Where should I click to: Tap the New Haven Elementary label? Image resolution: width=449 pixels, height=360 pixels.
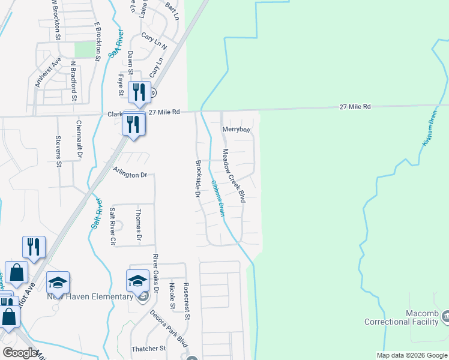pos(90,296)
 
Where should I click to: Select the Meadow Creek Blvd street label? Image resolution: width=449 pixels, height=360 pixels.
pos(234,175)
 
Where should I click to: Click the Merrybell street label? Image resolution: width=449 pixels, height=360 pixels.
pos(236,130)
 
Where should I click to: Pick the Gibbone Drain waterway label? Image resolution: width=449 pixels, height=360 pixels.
pos(217,199)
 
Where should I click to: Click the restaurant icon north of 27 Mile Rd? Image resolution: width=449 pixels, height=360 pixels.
pos(139,92)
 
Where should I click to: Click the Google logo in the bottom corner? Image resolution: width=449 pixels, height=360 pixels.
pos(20,353)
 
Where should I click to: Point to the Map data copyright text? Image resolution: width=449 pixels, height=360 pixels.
pos(412,355)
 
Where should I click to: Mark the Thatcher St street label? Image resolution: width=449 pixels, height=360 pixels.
pos(148,349)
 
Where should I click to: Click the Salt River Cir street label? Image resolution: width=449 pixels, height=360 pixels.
pos(112,226)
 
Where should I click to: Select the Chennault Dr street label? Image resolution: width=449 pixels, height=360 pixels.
pos(79,140)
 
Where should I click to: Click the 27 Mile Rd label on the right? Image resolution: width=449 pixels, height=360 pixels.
pos(355,106)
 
